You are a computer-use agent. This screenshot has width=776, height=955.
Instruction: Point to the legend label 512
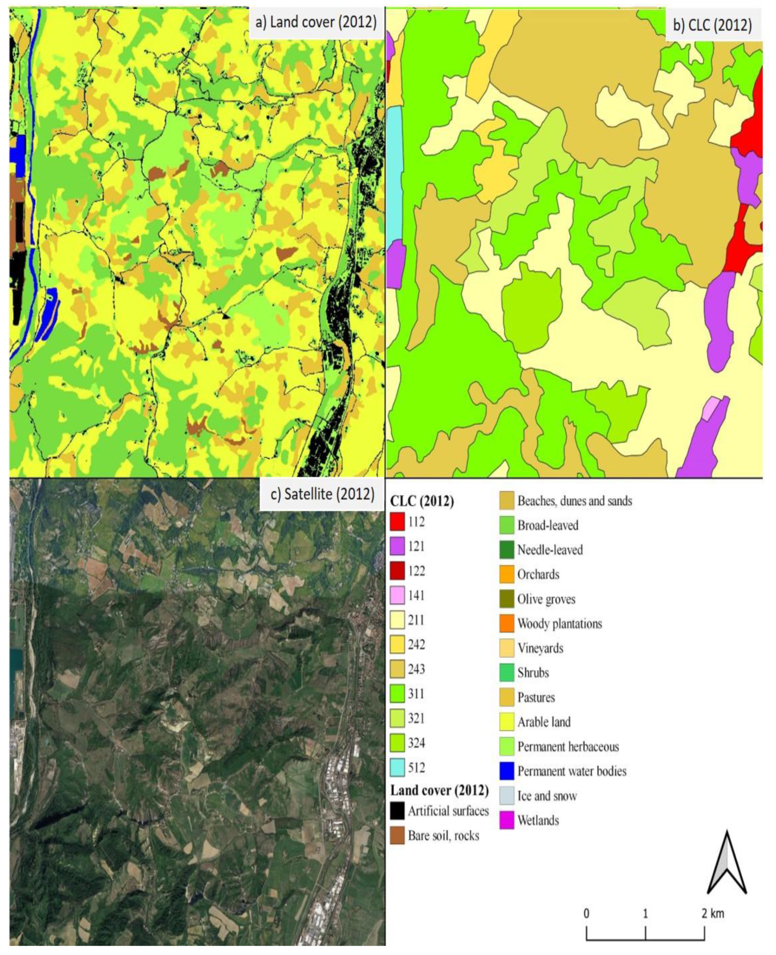pyautogui.click(x=416, y=767)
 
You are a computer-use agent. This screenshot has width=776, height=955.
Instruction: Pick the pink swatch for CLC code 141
pyautogui.click(x=397, y=595)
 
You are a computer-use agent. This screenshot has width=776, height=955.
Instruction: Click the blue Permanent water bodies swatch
pyautogui.click(x=506, y=771)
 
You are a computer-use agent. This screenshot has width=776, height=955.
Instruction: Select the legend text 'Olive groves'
pyautogui.click(x=546, y=599)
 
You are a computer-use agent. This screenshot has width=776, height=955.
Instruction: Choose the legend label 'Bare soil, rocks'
pyautogui.click(x=443, y=836)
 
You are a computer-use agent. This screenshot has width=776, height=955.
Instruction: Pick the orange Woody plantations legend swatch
pyautogui.click(x=506, y=624)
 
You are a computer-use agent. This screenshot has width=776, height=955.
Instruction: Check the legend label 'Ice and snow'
pyautogui.click(x=547, y=796)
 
